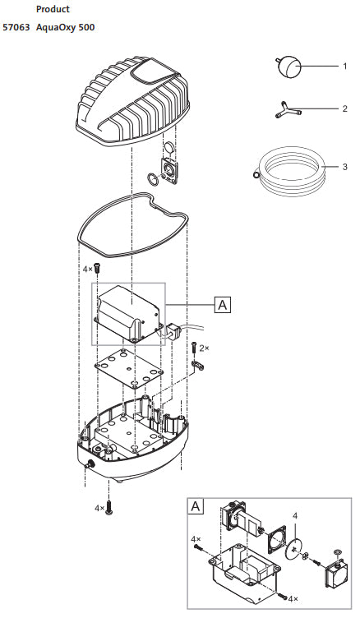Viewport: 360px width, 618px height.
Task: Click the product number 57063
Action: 16,28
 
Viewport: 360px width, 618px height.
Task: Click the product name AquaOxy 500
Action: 66,28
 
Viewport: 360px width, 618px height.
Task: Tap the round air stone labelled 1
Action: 288,67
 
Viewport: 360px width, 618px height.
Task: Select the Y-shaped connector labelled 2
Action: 288,109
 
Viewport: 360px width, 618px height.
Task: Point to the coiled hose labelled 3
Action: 291,171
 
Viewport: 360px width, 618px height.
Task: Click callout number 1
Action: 345,67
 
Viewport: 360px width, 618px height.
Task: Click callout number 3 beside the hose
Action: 345,167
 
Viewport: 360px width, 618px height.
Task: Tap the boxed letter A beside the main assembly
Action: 223,305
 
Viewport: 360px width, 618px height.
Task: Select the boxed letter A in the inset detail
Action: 196,506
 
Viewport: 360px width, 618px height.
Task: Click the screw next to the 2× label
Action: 194,348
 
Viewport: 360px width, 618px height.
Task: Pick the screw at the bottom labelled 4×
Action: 109,508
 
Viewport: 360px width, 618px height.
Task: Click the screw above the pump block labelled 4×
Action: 98,268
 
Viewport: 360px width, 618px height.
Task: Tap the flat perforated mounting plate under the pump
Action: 129,367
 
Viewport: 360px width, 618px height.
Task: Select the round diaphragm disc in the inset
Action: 293,549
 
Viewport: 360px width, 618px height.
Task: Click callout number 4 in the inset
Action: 295,515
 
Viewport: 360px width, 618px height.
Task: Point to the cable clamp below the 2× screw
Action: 198,366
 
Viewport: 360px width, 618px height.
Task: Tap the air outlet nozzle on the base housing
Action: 90,464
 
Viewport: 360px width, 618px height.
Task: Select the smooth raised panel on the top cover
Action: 153,72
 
